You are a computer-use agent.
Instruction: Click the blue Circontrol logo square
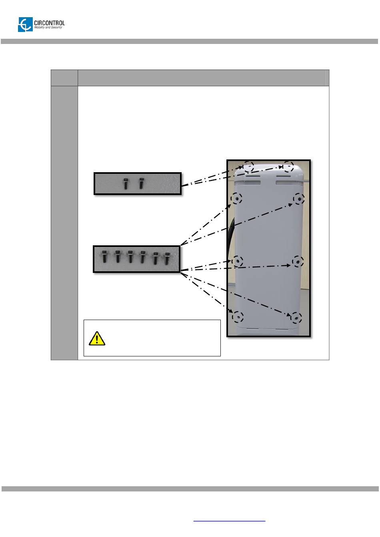pyautogui.click(x=25, y=25)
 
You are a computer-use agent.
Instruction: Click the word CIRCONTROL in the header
pyautogui.click(x=50, y=23)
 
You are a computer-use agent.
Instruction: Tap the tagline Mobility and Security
pyautogui.click(x=48, y=28)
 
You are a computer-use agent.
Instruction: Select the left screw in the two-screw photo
pyautogui.click(x=126, y=183)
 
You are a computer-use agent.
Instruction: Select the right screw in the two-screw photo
pyautogui.click(x=141, y=183)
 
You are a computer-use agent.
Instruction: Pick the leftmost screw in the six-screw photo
pyautogui.click(x=104, y=257)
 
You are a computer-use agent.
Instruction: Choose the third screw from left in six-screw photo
pyautogui.click(x=130, y=257)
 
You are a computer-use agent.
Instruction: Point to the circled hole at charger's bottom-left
pyautogui.click(x=238, y=316)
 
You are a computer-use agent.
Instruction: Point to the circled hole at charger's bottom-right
pyautogui.click(x=296, y=317)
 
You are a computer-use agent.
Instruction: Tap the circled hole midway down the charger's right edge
pyautogui.click(x=298, y=262)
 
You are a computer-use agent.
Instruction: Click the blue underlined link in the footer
pyautogui.click(x=229, y=521)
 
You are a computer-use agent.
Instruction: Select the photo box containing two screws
pyautogui.click(x=138, y=183)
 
